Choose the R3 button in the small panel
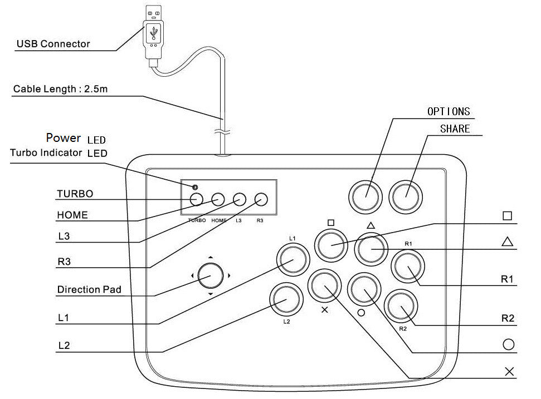click(x=261, y=199)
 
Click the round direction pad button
click(x=211, y=275)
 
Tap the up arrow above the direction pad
click(x=211, y=257)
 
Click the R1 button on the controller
click(x=408, y=268)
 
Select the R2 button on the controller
click(x=403, y=307)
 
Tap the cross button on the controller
click(x=325, y=285)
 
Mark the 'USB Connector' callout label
click(x=53, y=44)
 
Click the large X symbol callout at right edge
click(x=509, y=372)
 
